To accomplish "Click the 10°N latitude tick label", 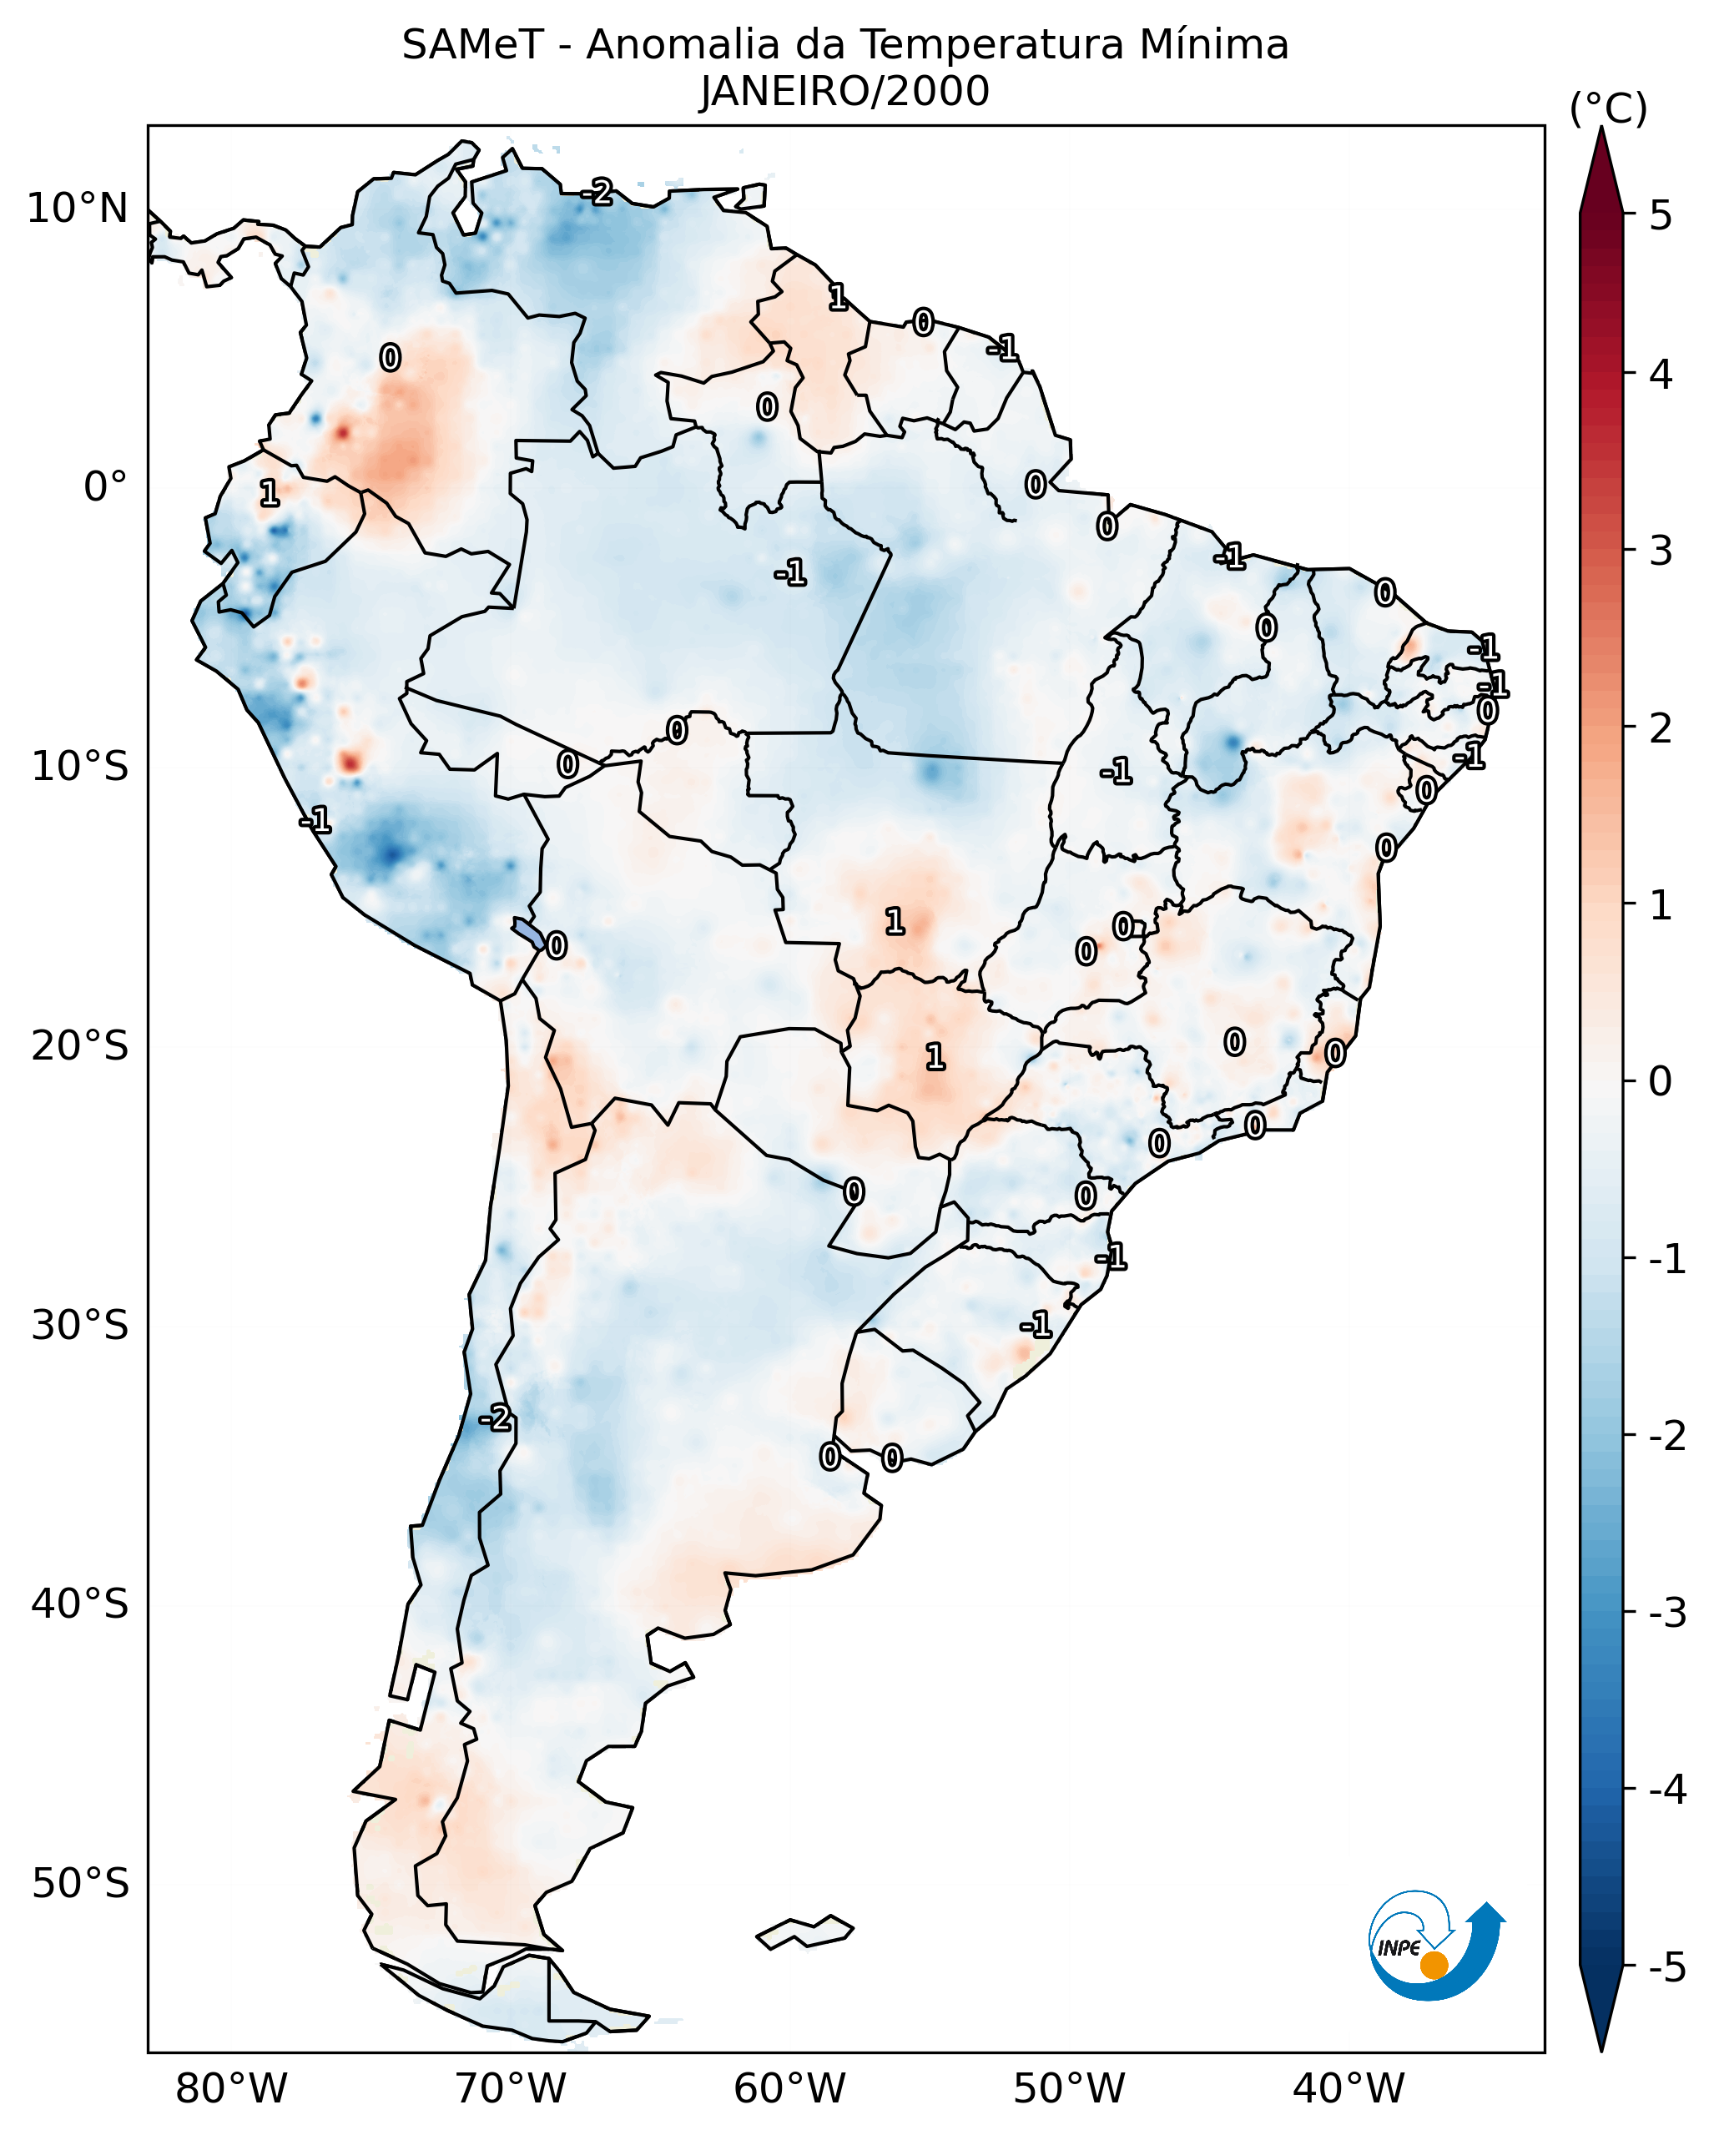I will point(78,209).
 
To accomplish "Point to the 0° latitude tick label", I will point(106,487).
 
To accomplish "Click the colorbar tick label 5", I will point(1661,216).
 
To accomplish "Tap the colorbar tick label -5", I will point(1666,1969).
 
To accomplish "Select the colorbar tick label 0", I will point(1661,1081).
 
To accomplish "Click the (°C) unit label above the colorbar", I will point(1608,109).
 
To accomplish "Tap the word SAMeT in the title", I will point(472,46).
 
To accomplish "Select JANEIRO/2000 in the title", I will point(844,92).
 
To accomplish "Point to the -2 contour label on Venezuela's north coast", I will point(597,192).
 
